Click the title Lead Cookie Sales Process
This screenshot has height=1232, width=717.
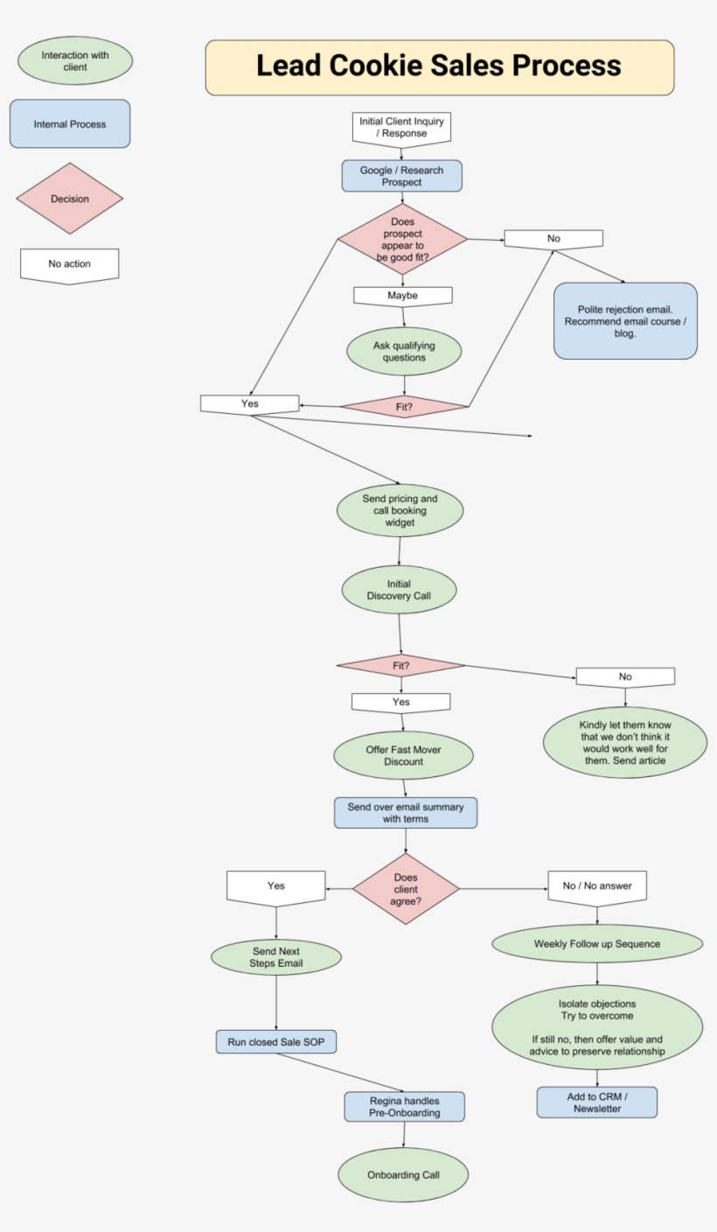[x=439, y=66]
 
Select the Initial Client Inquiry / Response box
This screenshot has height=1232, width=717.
[x=401, y=128]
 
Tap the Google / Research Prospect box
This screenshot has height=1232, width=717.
[x=401, y=176]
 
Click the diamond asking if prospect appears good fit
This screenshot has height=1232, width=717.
[x=402, y=239]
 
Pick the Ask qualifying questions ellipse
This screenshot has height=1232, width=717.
[x=403, y=352]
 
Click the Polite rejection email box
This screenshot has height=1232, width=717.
[x=625, y=321]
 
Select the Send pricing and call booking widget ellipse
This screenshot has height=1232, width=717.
[x=400, y=511]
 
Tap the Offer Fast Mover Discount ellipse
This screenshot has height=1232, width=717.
[x=403, y=756]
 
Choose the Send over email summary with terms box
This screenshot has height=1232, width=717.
[x=406, y=813]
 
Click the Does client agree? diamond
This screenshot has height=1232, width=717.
[x=406, y=889]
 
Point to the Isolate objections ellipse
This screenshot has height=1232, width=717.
[x=597, y=1027]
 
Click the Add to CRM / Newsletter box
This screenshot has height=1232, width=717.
[x=597, y=1102]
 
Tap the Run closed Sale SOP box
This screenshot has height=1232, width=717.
[x=276, y=1042]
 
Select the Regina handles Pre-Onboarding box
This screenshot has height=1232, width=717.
[x=404, y=1107]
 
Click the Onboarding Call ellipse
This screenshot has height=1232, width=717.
[x=403, y=1174]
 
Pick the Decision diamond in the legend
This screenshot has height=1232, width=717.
[x=70, y=199]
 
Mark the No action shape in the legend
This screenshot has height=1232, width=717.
[x=70, y=265]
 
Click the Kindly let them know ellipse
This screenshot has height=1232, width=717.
[x=625, y=743]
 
